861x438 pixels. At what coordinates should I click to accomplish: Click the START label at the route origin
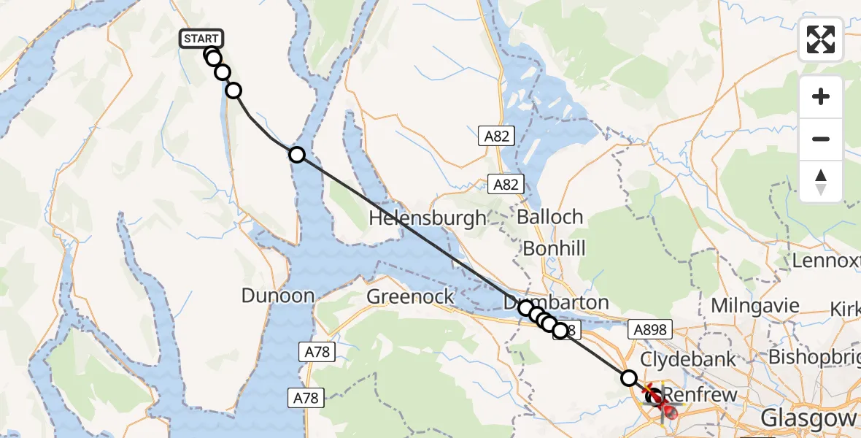click(x=201, y=39)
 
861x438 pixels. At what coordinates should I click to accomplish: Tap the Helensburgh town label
click(x=428, y=218)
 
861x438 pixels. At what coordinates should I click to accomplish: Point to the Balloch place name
click(x=550, y=217)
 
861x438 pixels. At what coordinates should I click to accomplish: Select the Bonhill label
click(x=555, y=248)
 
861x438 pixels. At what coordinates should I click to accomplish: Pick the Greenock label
click(x=411, y=297)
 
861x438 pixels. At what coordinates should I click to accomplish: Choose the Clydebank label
click(x=688, y=359)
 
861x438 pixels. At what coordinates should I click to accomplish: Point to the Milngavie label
click(x=755, y=306)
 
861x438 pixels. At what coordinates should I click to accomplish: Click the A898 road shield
click(x=649, y=330)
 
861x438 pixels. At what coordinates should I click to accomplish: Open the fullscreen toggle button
click(x=821, y=39)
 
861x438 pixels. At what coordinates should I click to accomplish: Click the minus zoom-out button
click(x=821, y=139)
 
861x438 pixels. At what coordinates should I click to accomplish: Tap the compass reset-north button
click(x=821, y=181)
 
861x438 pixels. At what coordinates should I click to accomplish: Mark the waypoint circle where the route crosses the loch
click(x=296, y=154)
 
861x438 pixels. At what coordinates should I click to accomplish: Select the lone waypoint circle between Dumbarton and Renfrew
click(x=628, y=377)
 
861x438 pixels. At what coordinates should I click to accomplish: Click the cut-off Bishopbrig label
click(x=814, y=359)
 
